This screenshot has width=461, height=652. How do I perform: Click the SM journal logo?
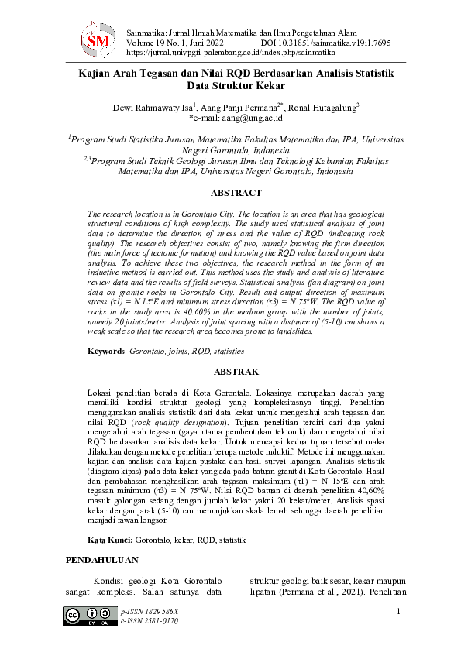pyautogui.click(x=99, y=39)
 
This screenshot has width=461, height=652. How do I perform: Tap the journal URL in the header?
pyautogui.click(x=230, y=53)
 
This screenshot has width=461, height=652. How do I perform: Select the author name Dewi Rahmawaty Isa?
pyautogui.click(x=153, y=108)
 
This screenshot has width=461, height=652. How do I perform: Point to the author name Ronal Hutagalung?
pyautogui.click(x=322, y=108)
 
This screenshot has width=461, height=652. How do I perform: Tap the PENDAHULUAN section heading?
pyautogui.click(x=101, y=559)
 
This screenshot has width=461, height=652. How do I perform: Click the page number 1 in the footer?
pyautogui.click(x=397, y=613)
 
